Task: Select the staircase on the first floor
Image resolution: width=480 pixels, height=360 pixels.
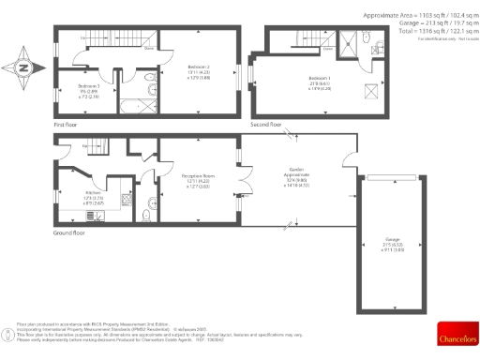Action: click(x=104, y=39)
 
